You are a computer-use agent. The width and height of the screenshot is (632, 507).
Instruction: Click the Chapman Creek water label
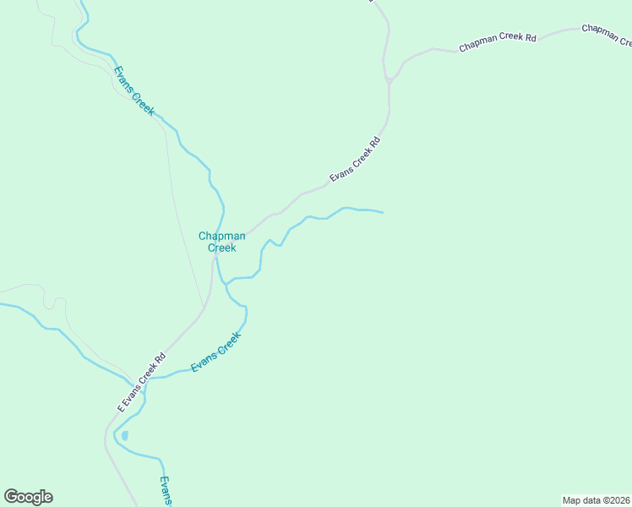pyautogui.click(x=222, y=242)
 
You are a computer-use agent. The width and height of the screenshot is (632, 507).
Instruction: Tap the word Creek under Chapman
pyautogui.click(x=222, y=248)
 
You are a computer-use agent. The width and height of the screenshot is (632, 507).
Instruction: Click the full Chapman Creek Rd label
pyautogui.click(x=498, y=44)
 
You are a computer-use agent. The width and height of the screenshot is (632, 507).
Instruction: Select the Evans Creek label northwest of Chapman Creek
pyautogui.click(x=134, y=90)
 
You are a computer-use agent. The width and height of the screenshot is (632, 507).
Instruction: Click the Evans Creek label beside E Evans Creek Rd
pyautogui.click(x=216, y=352)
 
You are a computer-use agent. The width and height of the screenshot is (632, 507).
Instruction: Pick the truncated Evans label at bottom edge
pyautogui.click(x=166, y=491)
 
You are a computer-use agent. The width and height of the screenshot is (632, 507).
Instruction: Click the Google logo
pyautogui.click(x=28, y=497)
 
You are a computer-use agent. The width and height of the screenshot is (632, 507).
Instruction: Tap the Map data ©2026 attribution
pyautogui.click(x=596, y=500)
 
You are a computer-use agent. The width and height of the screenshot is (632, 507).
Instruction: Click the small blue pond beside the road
pyautogui.click(x=125, y=436)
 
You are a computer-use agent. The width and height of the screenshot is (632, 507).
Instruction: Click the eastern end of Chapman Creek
pyautogui.click(x=382, y=212)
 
